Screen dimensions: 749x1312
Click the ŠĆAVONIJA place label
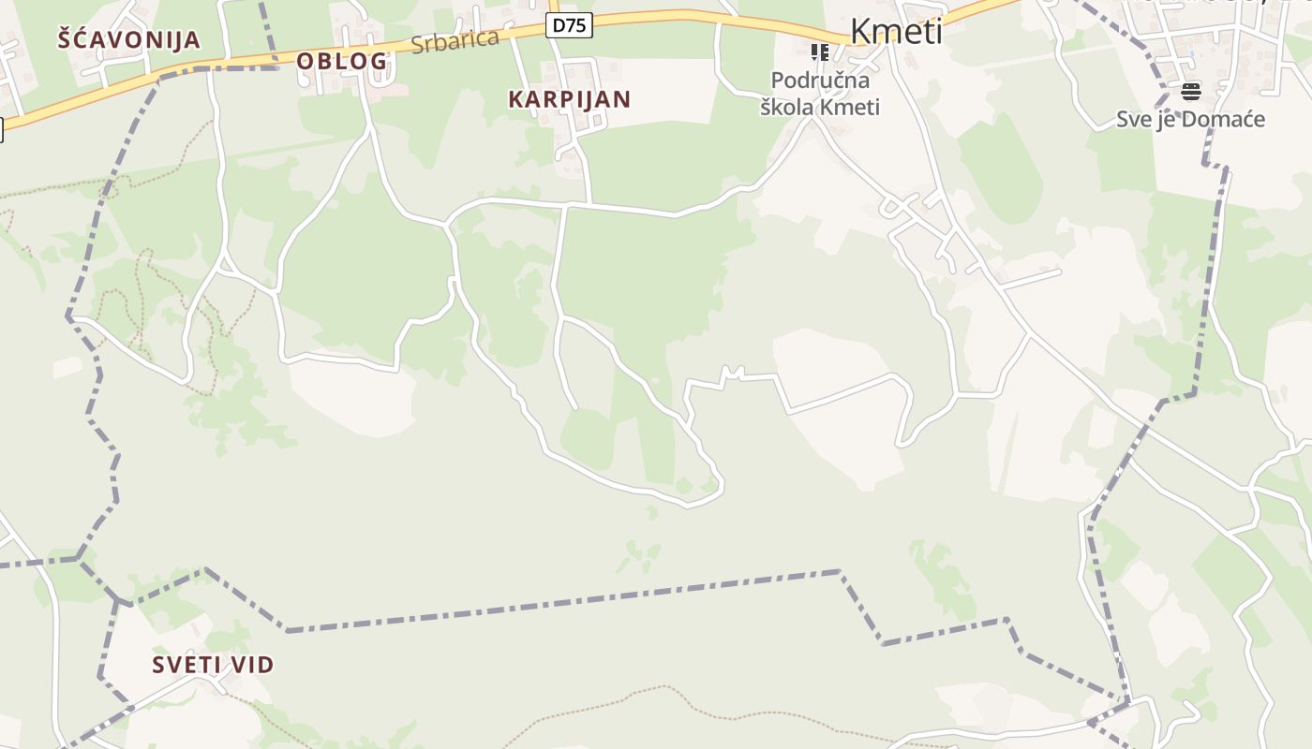click(129, 40)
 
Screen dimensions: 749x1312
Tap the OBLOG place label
click(342, 62)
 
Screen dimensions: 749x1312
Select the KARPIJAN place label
click(570, 99)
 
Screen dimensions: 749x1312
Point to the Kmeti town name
click(896, 32)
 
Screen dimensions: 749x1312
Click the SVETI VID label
click(214, 666)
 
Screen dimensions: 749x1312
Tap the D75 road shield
click(570, 26)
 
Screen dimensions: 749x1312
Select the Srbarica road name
click(455, 41)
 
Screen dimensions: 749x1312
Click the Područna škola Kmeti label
click(820, 94)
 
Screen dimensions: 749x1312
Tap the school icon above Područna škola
click(820, 52)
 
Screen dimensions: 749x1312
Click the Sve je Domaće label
click(1190, 120)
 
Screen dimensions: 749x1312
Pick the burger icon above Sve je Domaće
click(1191, 91)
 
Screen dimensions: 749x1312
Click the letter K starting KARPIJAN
click(515, 99)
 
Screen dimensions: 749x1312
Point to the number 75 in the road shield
click(576, 26)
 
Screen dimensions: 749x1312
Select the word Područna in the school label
click(820, 81)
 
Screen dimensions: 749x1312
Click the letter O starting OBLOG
click(305, 62)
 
